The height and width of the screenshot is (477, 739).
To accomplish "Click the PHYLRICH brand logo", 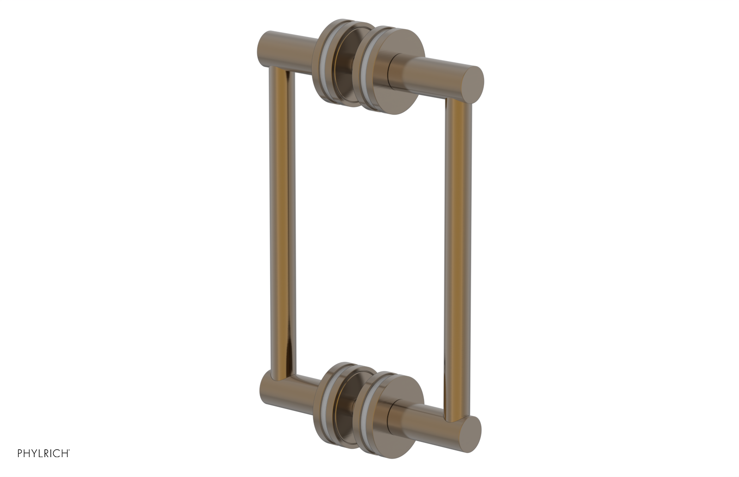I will (x=43, y=453).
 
